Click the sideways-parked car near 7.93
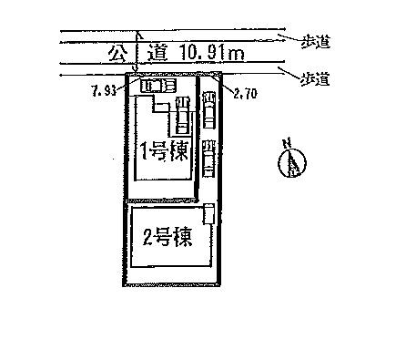coord(157,86)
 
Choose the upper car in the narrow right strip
coord(208,110)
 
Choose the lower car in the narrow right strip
coord(208,157)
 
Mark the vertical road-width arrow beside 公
coord(135,55)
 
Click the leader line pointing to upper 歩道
coord(286,39)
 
